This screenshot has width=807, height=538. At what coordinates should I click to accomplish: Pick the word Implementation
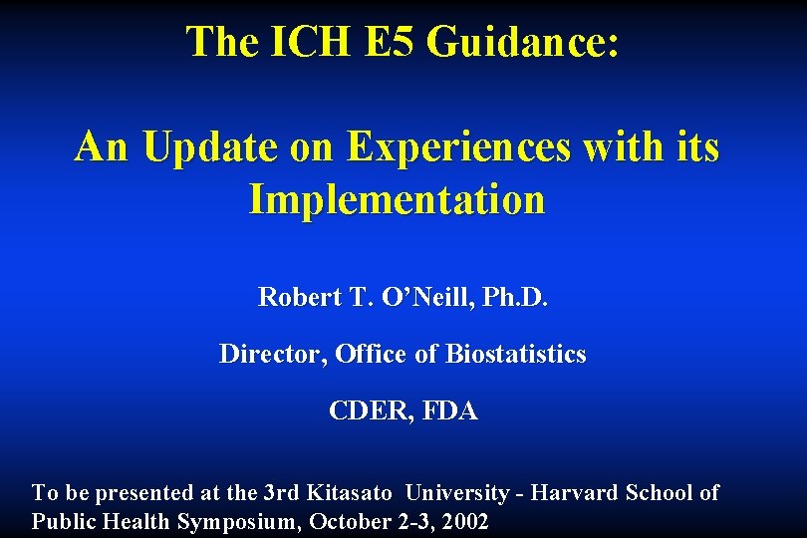397,199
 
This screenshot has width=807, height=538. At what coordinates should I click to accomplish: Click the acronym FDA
450,410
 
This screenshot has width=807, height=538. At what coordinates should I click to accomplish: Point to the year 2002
465,522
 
